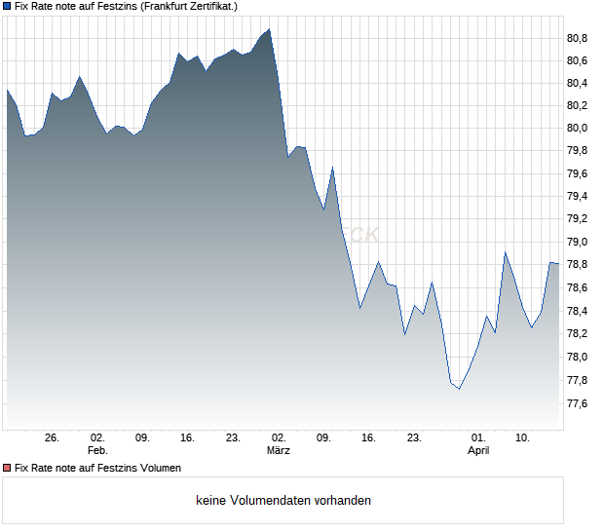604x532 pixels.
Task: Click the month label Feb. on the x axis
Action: click(x=96, y=451)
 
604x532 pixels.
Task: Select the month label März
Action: click(x=279, y=451)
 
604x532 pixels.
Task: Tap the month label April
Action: click(x=478, y=451)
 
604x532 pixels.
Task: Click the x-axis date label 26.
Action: click(x=53, y=438)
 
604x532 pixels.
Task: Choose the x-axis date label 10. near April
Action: click(x=523, y=438)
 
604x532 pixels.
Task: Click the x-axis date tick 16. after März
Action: click(x=368, y=438)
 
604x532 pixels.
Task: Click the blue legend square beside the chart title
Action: click(x=7, y=6)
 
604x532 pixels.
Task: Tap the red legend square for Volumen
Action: click(x=7, y=469)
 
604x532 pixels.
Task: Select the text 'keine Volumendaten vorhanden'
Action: click(x=283, y=501)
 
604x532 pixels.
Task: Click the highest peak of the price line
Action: click(x=269, y=29)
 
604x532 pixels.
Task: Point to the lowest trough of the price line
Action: click(x=459, y=389)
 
